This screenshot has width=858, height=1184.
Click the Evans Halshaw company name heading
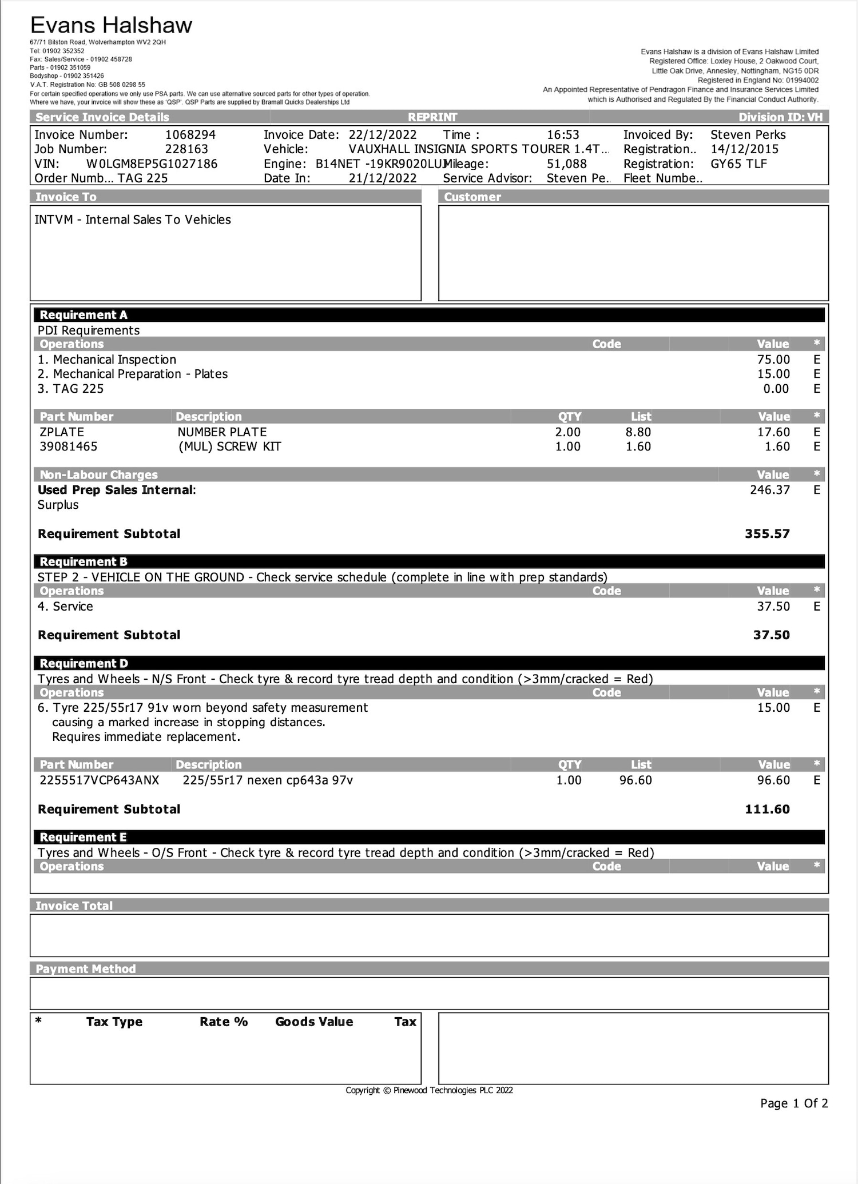click(111, 26)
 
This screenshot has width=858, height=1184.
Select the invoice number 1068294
click(190, 135)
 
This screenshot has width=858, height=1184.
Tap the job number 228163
click(186, 149)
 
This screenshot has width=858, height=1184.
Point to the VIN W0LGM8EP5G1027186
click(152, 164)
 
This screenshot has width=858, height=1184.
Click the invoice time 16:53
click(563, 135)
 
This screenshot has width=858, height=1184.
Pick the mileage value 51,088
click(566, 164)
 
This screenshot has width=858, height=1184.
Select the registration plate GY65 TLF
click(738, 164)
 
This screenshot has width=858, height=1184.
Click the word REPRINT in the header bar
click(432, 117)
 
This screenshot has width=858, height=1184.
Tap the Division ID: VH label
click(780, 117)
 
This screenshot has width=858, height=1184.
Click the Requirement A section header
click(84, 315)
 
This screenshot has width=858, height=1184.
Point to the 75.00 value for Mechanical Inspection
click(773, 360)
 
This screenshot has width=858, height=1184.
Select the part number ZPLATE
click(62, 432)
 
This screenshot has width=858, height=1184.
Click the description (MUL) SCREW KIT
click(229, 447)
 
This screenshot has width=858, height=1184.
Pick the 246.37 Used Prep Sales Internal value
click(769, 490)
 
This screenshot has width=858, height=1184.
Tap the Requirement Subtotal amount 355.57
click(766, 534)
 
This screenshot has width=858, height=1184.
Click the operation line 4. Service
click(65, 607)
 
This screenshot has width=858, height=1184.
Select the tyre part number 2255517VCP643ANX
click(100, 780)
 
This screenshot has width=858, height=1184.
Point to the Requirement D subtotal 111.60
click(766, 810)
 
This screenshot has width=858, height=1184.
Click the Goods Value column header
click(314, 1022)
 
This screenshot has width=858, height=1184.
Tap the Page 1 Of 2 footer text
click(793, 1103)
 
